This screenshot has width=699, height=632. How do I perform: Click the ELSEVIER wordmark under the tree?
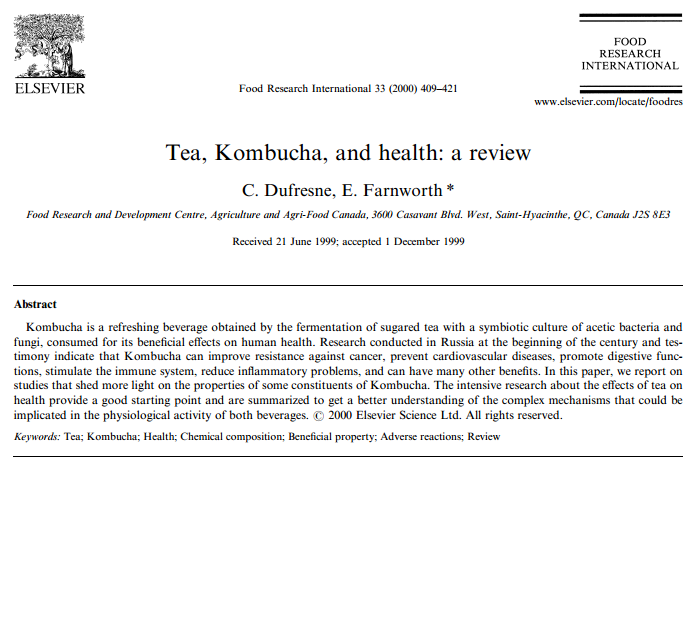point(49,88)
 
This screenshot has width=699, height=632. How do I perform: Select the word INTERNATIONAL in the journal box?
point(630,66)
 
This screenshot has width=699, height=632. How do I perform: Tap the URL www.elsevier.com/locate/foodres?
point(609,102)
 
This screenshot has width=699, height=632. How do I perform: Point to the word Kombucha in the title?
point(262,154)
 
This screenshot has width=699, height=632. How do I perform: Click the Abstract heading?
point(35,304)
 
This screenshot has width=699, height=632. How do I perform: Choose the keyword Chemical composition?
point(231,437)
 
